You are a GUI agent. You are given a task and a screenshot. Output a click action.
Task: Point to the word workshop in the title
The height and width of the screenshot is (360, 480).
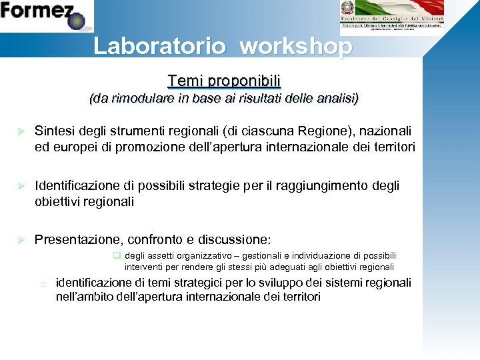[x=295, y=46]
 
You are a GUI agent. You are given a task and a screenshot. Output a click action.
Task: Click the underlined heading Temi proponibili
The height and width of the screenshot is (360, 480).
[x=224, y=81]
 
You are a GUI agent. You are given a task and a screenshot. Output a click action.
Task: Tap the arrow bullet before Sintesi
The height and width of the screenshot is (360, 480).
[x=21, y=131]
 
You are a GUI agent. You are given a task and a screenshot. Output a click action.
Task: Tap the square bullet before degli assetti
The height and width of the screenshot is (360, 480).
[x=116, y=255]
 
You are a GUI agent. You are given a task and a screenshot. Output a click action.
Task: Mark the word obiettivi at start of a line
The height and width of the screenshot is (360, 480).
[x=58, y=201]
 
